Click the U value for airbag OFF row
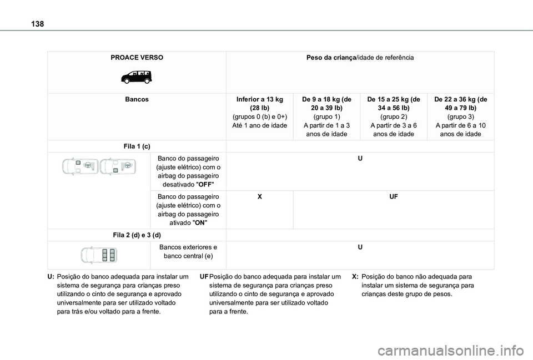360,159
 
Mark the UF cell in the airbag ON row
394,196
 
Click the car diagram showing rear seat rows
99,255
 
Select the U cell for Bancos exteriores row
360,247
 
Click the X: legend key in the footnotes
355,276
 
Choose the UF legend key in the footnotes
204,276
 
